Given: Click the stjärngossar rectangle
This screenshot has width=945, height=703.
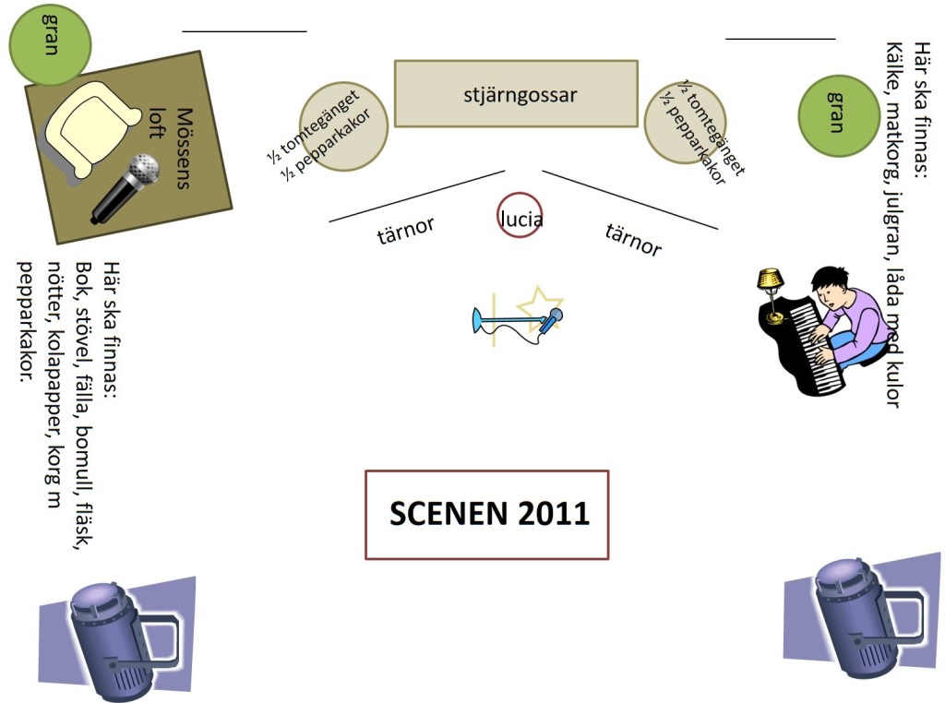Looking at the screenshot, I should (516, 93).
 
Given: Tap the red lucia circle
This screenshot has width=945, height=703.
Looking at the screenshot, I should (520, 215).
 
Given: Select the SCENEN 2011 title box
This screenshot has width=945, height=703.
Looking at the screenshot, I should (486, 514).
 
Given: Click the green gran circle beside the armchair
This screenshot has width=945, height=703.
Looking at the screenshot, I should (50, 43).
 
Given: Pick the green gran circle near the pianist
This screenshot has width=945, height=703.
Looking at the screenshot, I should (837, 115).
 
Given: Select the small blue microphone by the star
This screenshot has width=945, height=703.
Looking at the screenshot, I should (551, 320).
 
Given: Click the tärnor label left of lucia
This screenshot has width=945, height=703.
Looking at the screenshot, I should (405, 230).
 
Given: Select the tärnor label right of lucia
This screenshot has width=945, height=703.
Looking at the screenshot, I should (633, 239).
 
